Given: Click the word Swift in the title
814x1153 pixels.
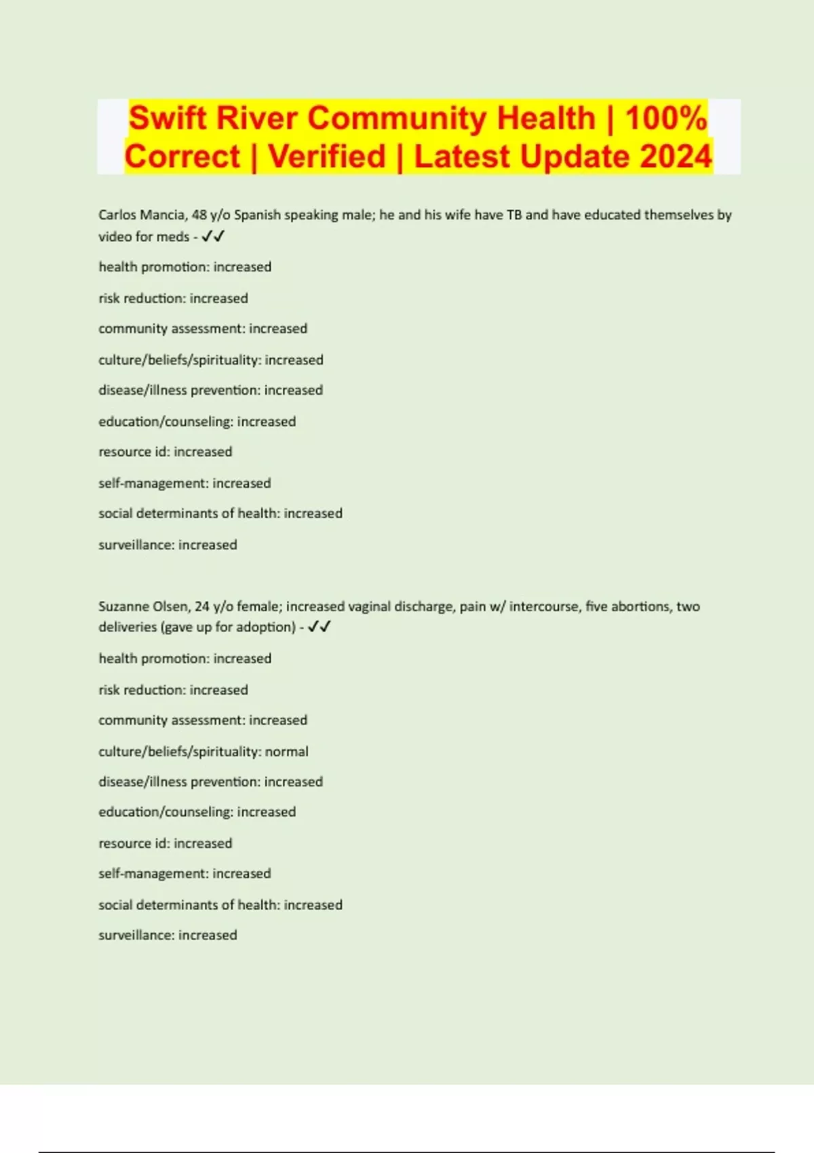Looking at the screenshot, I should click(168, 118).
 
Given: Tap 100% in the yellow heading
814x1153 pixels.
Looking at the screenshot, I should click(666, 118).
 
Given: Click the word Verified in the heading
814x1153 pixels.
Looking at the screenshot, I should click(327, 157).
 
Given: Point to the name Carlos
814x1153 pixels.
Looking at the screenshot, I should click(117, 215).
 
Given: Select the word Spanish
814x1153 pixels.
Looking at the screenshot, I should click(257, 215).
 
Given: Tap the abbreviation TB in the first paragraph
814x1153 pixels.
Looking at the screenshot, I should click(514, 215).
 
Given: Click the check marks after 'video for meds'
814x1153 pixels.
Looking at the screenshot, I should click(213, 237).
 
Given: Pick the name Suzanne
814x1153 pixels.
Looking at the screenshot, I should click(122, 606).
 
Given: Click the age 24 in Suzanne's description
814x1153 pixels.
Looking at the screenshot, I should click(202, 606).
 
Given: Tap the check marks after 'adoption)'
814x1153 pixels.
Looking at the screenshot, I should click(319, 627).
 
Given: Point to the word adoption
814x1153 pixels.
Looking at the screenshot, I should click(267, 627).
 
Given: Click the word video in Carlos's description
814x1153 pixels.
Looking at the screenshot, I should click(115, 237).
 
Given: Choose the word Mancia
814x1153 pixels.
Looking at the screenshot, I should click(163, 215).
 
